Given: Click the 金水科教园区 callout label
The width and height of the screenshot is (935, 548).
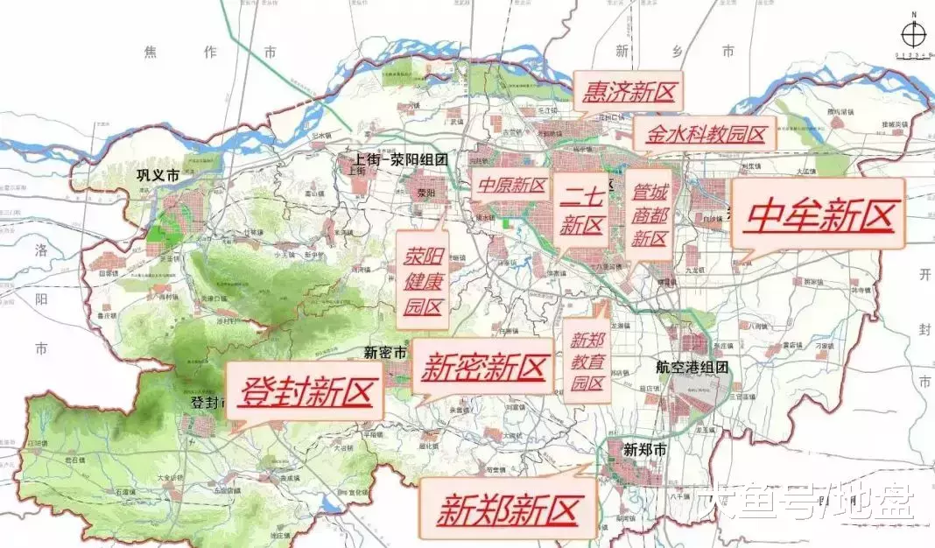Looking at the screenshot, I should (x=706, y=134).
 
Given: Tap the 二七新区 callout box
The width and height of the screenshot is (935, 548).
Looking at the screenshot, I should (x=582, y=210).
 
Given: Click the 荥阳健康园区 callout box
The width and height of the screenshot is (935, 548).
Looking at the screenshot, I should (x=423, y=281).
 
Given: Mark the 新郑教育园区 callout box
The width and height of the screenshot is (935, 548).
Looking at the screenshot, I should (x=587, y=361).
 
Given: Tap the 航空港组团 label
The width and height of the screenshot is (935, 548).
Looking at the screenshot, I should (x=692, y=368).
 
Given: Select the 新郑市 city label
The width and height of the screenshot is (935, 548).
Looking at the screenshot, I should (x=645, y=450).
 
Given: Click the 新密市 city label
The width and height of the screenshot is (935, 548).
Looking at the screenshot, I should (x=385, y=353).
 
